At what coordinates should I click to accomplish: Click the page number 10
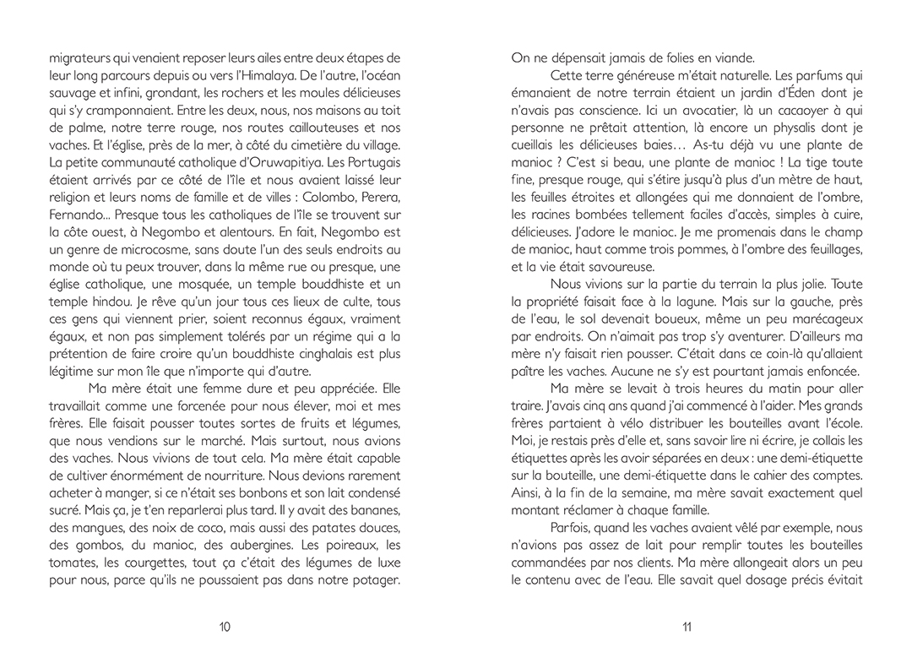point(225,626)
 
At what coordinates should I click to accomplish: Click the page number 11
point(687,626)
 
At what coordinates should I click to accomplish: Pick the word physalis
point(774,145)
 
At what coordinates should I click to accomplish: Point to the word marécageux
point(823,319)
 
